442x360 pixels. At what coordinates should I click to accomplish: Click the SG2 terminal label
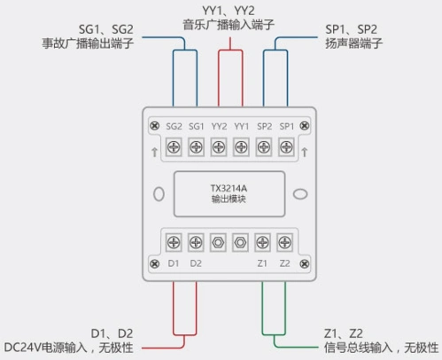174,128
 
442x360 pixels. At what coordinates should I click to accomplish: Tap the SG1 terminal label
197,128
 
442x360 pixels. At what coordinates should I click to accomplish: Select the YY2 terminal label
219,128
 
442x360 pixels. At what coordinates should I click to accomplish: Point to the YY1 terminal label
241,128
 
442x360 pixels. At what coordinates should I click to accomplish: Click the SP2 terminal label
264,128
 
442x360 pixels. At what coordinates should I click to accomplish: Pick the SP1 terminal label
286,128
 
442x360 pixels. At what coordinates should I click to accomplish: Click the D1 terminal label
174,262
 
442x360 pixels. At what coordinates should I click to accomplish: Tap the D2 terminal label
196,262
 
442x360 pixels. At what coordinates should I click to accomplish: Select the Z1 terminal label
262,262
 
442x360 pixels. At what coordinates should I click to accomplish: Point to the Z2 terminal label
284,262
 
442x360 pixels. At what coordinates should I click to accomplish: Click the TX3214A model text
229,189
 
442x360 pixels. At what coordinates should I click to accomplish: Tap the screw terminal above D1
174,240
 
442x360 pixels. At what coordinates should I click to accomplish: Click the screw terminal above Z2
284,240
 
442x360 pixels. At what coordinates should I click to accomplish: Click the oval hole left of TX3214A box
159,193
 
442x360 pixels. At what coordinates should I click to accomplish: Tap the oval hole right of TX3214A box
299,193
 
